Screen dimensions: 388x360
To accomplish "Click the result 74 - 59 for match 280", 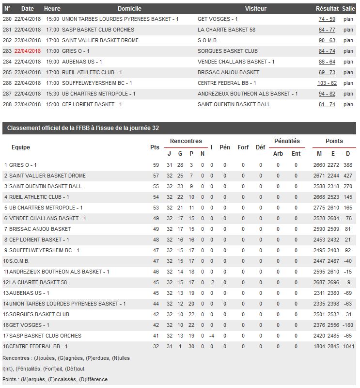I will click(327, 19).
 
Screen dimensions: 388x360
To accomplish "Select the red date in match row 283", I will click(28, 51).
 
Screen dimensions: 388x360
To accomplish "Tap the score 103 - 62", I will click(327, 83).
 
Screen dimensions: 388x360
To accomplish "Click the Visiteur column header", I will click(255, 9).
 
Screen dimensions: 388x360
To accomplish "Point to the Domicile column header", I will click(129, 9).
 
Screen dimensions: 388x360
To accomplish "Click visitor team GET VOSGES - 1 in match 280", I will click(218, 19).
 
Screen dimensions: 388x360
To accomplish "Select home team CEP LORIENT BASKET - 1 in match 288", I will click(92, 104).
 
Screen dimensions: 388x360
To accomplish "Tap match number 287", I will click(7, 94).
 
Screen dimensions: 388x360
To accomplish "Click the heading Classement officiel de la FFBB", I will click(81, 128).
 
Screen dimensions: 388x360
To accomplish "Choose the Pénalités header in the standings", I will click(287, 141).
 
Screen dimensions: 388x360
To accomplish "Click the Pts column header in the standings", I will click(155, 147).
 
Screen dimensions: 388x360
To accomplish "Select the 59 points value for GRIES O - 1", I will click(156, 165).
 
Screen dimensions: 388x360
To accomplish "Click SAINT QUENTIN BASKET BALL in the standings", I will click(46, 186).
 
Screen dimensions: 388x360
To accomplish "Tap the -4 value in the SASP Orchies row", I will click(211, 336).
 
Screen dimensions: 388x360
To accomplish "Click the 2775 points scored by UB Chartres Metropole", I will click(319, 208).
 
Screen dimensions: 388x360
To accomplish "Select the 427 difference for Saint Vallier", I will click(347, 176).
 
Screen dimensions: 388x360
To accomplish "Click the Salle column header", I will click(348, 9).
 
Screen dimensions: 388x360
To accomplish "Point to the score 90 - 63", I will click(327, 40).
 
